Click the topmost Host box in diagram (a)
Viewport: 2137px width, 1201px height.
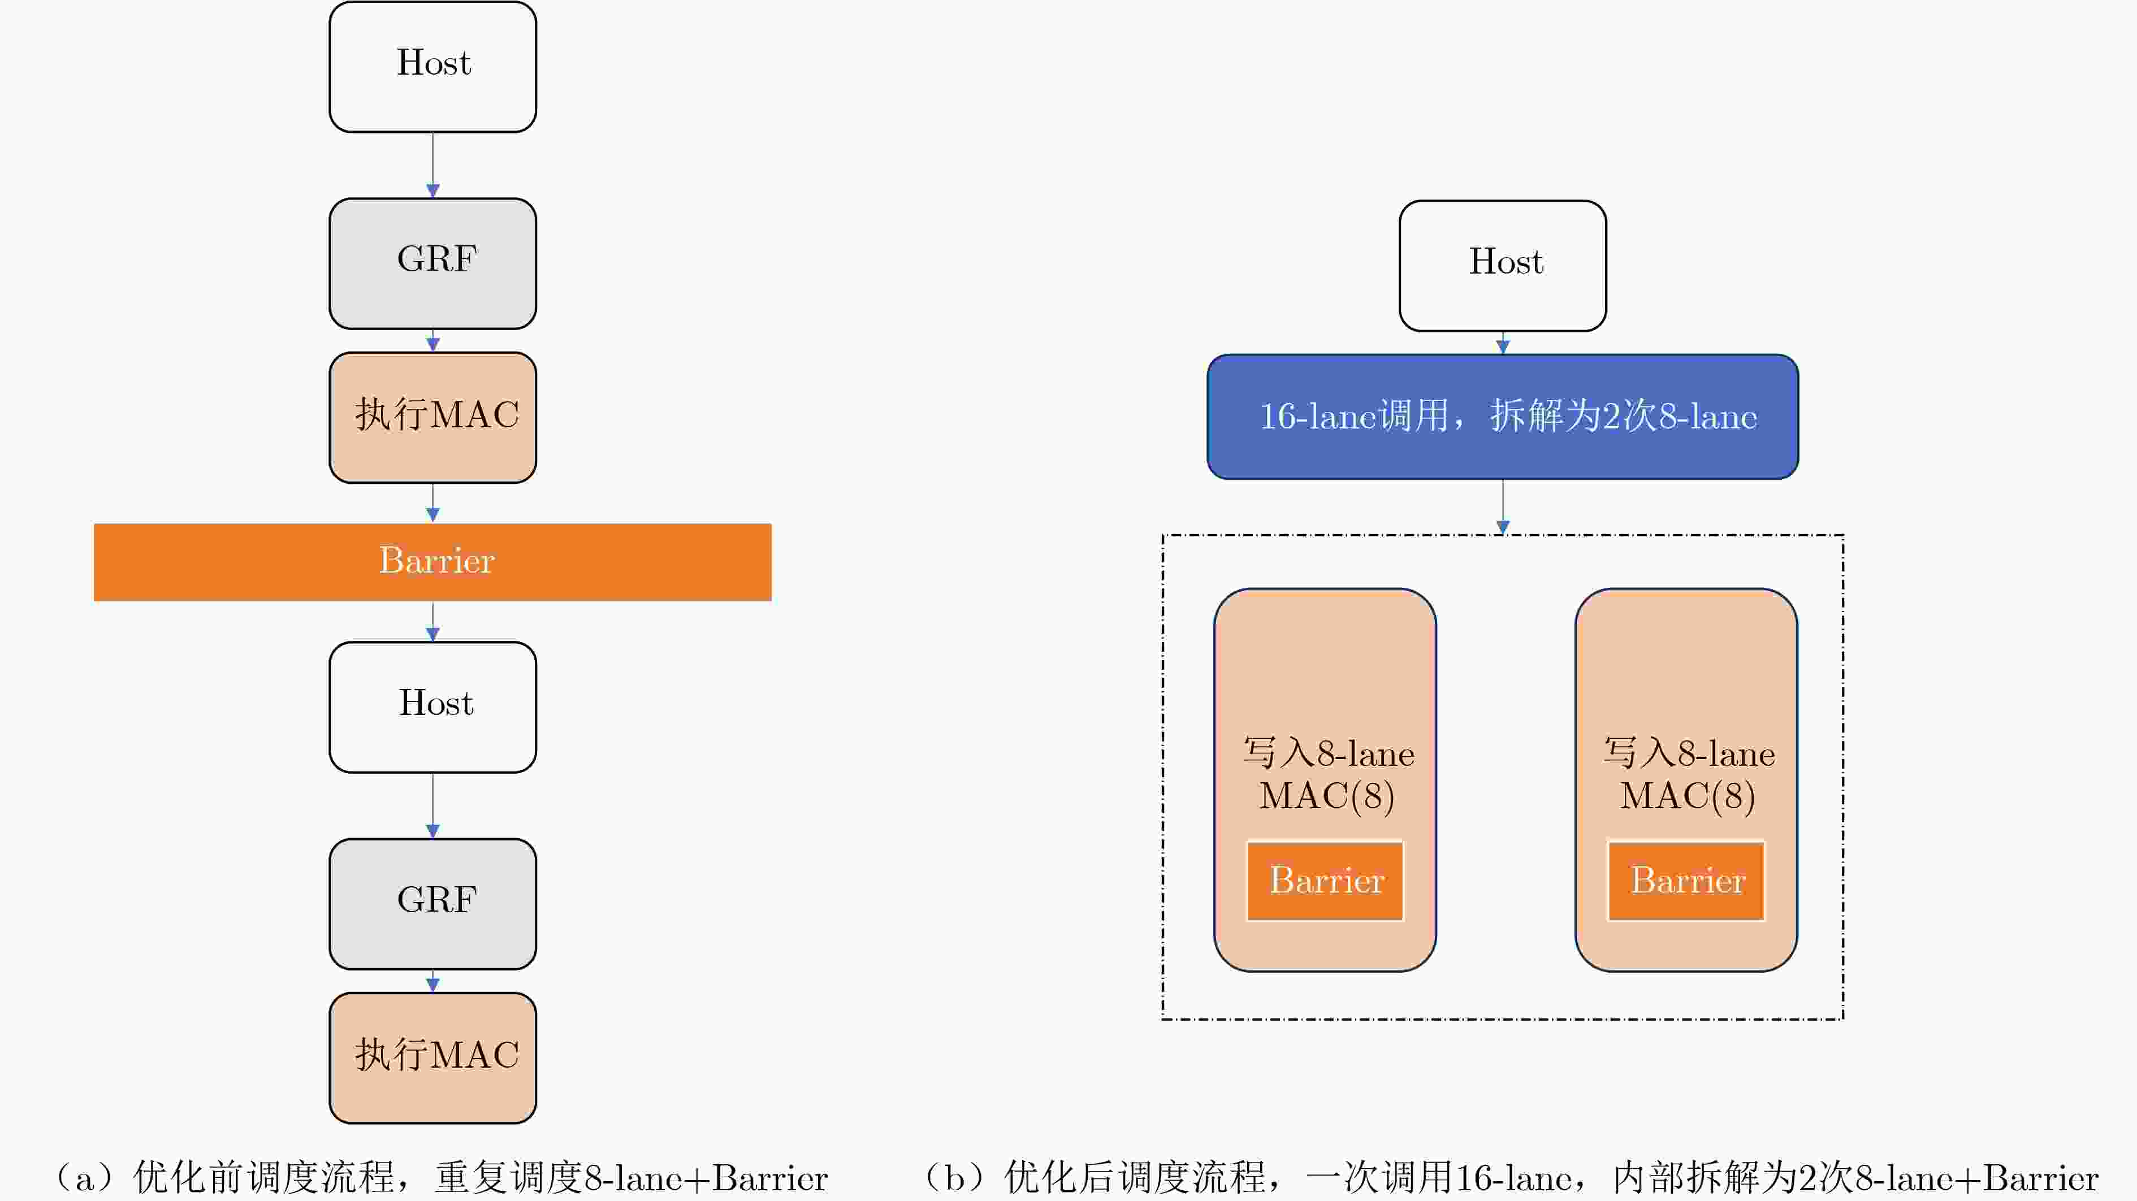(432, 66)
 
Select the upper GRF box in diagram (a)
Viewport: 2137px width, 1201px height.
(432, 263)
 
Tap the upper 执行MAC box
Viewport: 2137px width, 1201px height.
(432, 417)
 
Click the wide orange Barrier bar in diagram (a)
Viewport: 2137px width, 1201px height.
(432, 562)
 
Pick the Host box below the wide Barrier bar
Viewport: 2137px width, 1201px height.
(432, 706)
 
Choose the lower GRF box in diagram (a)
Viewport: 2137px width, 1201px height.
(432, 903)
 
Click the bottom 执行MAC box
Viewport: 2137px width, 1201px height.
(432, 1057)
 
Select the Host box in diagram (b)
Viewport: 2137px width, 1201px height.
(1502, 266)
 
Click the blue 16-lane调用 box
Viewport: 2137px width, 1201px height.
(1502, 417)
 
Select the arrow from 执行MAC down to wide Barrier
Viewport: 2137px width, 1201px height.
(432, 502)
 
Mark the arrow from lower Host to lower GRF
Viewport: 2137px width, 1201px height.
(432, 805)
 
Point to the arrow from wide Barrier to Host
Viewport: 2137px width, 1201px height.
(432, 621)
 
